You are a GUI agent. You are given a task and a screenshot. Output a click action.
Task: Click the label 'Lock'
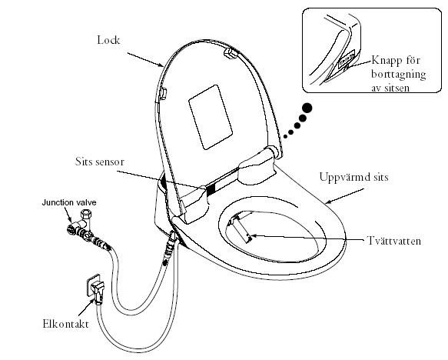click(108, 40)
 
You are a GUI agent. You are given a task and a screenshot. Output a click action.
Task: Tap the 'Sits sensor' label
click(100, 162)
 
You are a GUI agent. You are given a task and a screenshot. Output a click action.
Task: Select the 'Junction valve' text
click(69, 202)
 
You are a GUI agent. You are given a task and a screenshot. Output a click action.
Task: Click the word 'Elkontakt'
click(66, 324)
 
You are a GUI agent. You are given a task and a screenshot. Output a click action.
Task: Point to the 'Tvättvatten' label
click(394, 241)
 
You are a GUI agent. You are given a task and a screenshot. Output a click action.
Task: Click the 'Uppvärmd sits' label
click(354, 177)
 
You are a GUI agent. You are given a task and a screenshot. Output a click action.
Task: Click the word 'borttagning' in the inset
click(399, 75)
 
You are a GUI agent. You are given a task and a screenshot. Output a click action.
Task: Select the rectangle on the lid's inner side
click(211, 117)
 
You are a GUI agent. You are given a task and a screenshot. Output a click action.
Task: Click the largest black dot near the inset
click(307, 108)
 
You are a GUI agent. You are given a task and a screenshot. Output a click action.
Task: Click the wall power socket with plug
click(95, 288)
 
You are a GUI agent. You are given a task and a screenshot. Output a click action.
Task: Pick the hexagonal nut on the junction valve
click(85, 214)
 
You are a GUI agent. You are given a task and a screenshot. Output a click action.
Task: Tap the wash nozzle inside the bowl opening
click(240, 228)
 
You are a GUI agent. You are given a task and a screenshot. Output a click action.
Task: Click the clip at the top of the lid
click(230, 52)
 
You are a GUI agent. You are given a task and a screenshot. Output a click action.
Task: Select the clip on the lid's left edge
click(163, 93)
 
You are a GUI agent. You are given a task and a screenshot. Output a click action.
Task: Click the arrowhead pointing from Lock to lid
click(161, 65)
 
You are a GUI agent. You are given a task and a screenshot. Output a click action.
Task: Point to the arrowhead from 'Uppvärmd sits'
click(328, 202)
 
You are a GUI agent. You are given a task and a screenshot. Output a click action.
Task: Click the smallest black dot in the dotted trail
click(284, 137)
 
